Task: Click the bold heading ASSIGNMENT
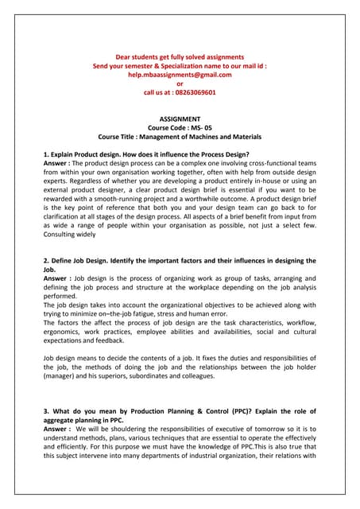(180, 119)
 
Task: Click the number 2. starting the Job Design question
(45, 261)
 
